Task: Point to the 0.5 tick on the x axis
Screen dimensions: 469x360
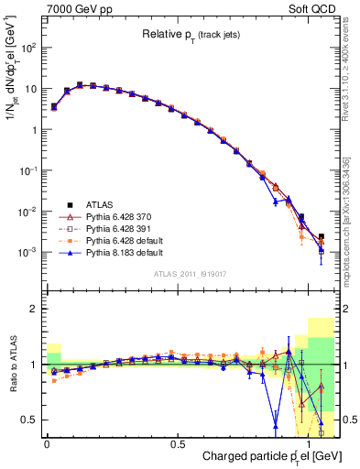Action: point(176,444)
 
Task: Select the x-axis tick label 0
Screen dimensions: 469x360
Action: point(47,444)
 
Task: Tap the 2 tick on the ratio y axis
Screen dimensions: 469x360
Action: point(34,310)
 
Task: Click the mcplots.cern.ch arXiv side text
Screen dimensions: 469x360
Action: point(353,220)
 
